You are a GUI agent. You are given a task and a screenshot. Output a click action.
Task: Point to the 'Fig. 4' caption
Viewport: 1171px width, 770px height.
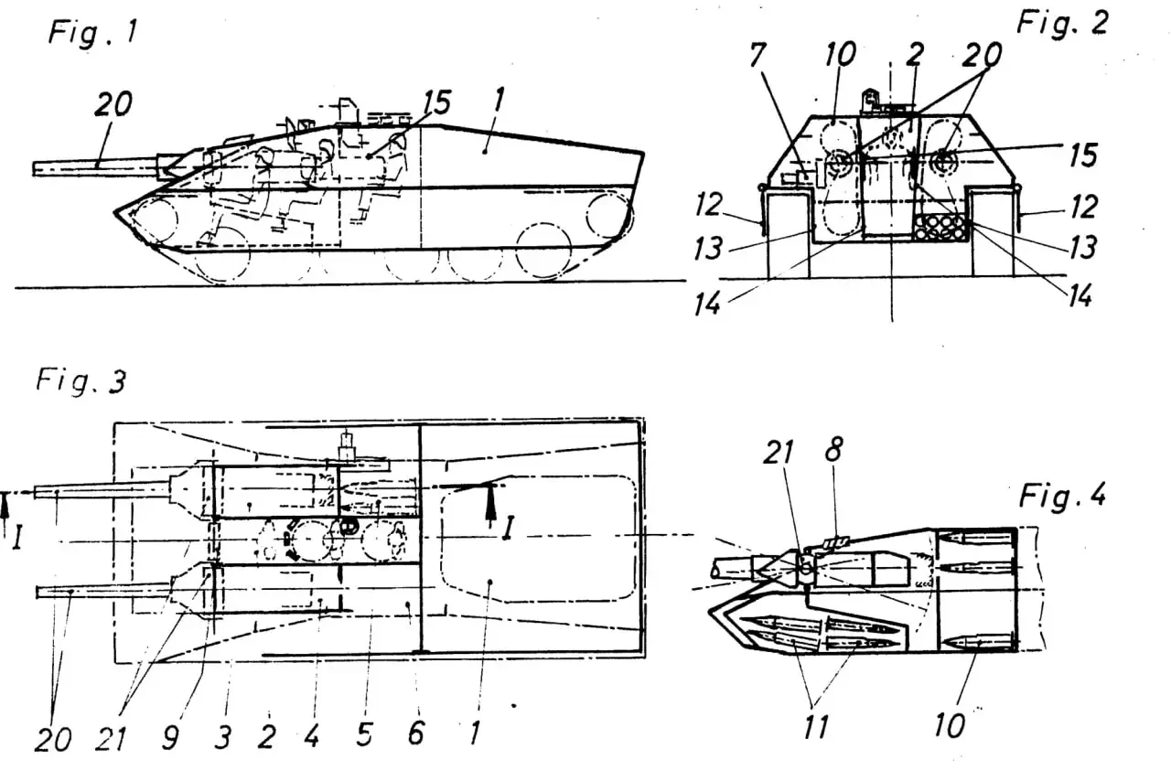pos(1062,497)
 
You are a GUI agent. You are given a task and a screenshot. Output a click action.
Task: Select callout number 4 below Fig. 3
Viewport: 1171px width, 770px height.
pos(312,734)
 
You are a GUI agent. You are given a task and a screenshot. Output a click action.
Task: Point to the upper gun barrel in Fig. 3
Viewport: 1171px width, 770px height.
pos(101,490)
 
